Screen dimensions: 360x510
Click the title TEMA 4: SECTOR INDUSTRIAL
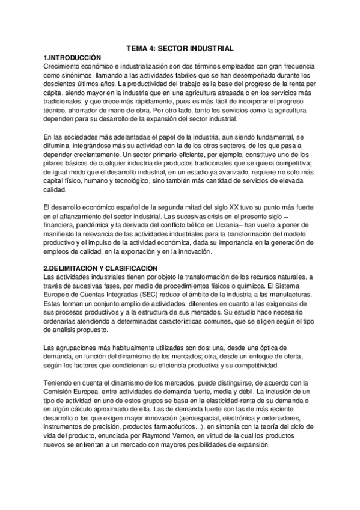pos(180,48)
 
